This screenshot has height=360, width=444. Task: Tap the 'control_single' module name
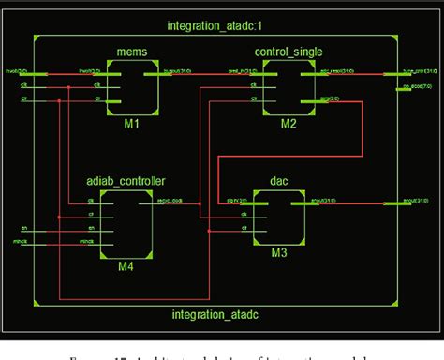[287, 50]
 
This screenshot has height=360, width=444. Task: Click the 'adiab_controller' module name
[126, 180]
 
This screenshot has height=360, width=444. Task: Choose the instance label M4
[126, 266]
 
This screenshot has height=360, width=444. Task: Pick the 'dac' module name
[276, 180]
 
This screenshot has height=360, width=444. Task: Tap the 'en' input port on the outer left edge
[24, 228]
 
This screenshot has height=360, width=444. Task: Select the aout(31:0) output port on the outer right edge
[412, 202]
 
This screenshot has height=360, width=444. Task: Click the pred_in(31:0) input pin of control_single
[243, 71]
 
